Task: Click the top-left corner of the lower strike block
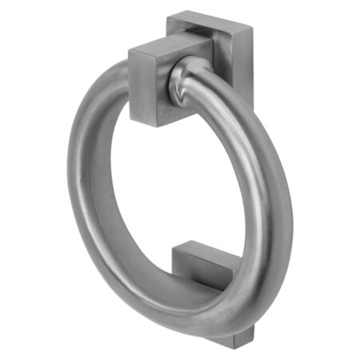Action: pyautogui.click(x=174, y=250)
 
